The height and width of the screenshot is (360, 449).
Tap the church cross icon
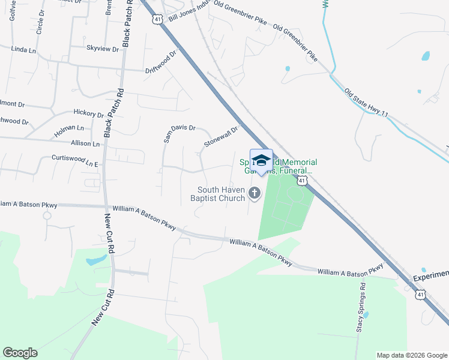pos(255,193)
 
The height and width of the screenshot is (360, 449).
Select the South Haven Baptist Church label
pos(217,194)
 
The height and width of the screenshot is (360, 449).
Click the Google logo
pos(20,353)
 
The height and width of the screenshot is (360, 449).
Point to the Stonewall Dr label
pos(221,137)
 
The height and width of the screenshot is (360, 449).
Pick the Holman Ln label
pos(68,128)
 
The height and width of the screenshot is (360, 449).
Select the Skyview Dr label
pos(103,48)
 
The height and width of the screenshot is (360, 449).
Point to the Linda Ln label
pos(24,49)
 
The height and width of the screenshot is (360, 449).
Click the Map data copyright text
pos(411,355)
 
